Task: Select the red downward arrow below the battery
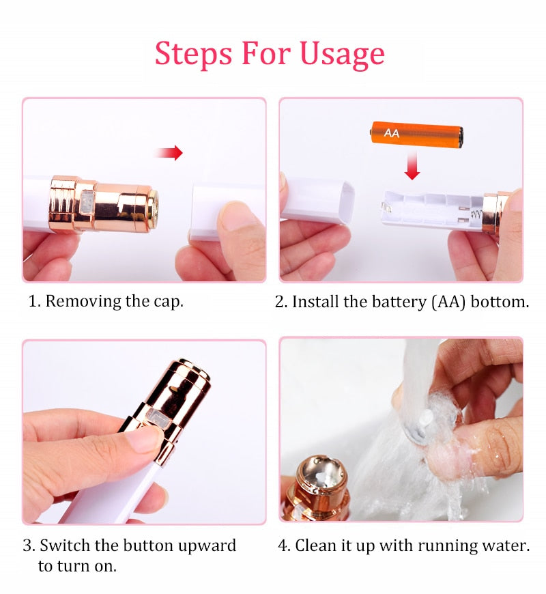412,167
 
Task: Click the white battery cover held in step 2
317,199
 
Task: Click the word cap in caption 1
168,301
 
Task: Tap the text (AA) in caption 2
448,301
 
